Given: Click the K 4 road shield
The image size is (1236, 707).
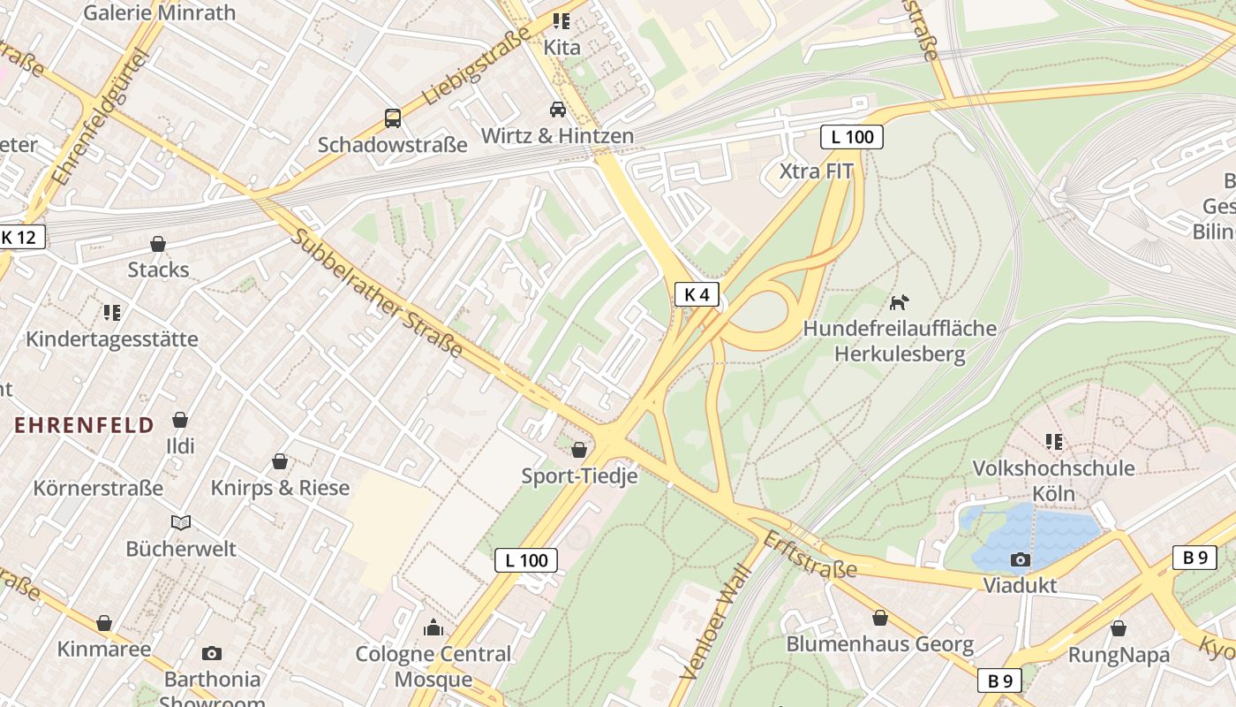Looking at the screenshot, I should click(697, 295).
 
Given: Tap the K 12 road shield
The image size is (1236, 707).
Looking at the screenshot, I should click(19, 237).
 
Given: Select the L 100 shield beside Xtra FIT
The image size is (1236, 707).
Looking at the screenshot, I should click(852, 137).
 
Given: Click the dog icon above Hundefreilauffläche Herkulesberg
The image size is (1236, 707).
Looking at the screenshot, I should click(899, 303).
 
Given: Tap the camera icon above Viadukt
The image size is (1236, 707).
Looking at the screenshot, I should click(1020, 559).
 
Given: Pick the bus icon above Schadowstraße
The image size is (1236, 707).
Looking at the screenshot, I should click(392, 118).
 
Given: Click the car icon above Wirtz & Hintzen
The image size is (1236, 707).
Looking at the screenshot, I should click(558, 109).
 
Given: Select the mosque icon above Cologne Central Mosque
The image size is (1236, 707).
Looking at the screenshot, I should click(433, 627).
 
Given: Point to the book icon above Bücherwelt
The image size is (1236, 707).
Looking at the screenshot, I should click(181, 522).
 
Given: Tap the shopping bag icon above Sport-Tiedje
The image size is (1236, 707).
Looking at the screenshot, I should click(579, 450).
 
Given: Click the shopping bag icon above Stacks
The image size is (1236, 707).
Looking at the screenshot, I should click(158, 243).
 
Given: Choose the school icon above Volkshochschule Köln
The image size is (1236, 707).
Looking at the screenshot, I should click(1053, 441).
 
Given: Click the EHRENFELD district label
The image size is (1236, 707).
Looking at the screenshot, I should click(84, 425).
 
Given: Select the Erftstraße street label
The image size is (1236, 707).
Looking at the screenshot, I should click(810, 555).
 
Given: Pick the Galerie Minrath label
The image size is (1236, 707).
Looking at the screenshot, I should click(159, 12).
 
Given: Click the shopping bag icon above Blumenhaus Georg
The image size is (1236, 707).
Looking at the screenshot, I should click(879, 618).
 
